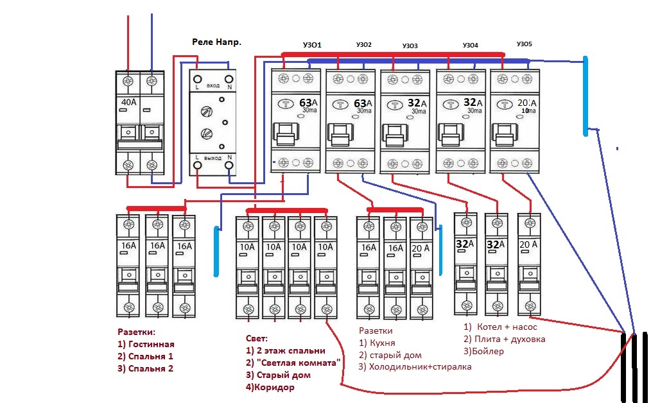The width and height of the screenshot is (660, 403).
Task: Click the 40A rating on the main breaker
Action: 129,102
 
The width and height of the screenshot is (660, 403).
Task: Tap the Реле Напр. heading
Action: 217,42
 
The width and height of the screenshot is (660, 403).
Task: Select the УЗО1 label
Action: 312,45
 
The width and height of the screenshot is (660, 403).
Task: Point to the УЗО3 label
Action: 410,46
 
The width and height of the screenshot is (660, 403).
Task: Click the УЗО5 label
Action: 524,44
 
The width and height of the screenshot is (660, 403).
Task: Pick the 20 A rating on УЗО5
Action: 527,103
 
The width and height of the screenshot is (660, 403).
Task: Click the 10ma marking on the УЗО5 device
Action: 528,110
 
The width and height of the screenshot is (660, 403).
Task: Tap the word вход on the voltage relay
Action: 213,86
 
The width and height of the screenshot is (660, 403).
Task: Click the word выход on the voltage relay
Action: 213,158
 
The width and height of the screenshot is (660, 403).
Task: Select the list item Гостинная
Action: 151,344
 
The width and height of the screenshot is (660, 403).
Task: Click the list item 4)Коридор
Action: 270,388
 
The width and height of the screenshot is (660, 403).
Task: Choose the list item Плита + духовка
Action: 510,339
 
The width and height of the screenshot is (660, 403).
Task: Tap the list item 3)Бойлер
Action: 483,351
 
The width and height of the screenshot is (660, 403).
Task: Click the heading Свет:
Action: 256,338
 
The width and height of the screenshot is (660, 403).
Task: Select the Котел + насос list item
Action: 507,327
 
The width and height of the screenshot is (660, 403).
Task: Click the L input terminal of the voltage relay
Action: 197,79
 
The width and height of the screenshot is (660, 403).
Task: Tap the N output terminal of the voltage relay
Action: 229,166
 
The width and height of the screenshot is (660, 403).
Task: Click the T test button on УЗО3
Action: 394,105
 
